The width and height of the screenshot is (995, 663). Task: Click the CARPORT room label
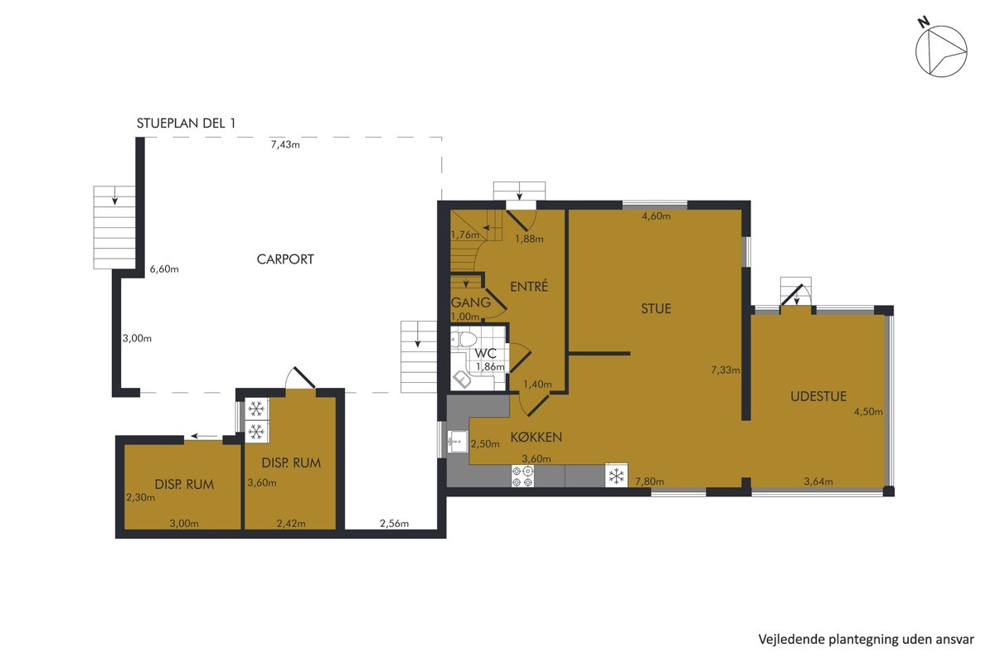click(x=285, y=259)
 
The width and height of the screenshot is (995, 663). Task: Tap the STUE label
click(x=656, y=308)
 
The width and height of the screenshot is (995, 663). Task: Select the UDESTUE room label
click(x=818, y=396)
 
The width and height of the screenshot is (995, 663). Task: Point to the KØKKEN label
click(x=536, y=437)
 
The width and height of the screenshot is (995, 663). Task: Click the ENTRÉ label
click(x=529, y=287)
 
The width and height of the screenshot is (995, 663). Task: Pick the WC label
click(x=485, y=354)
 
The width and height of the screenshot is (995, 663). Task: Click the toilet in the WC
click(x=464, y=339)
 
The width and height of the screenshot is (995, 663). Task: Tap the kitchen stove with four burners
click(x=522, y=476)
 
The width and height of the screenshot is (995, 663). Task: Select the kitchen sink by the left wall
click(x=458, y=442)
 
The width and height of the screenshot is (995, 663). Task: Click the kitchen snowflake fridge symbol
click(x=616, y=476)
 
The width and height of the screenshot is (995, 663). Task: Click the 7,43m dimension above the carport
click(x=285, y=145)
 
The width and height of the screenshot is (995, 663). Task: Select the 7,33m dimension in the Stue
click(x=726, y=370)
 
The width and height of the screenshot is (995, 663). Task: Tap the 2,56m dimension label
click(x=394, y=524)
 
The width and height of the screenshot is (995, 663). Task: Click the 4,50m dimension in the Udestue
click(x=868, y=412)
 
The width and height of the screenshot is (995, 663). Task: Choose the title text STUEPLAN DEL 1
click(x=186, y=123)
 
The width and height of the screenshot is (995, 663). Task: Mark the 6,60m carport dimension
click(x=164, y=269)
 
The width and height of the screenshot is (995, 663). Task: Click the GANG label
click(x=470, y=302)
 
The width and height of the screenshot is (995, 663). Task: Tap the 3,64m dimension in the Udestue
click(x=818, y=482)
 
